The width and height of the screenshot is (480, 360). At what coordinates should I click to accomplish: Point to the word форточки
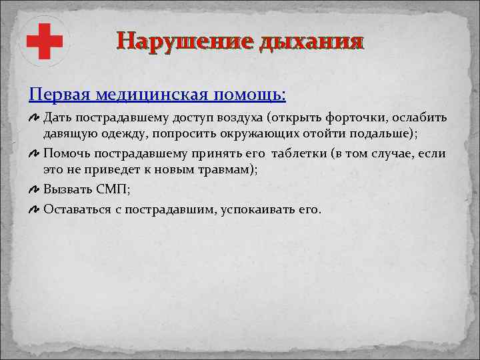364,119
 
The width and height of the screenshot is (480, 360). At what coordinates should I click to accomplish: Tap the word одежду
118,134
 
